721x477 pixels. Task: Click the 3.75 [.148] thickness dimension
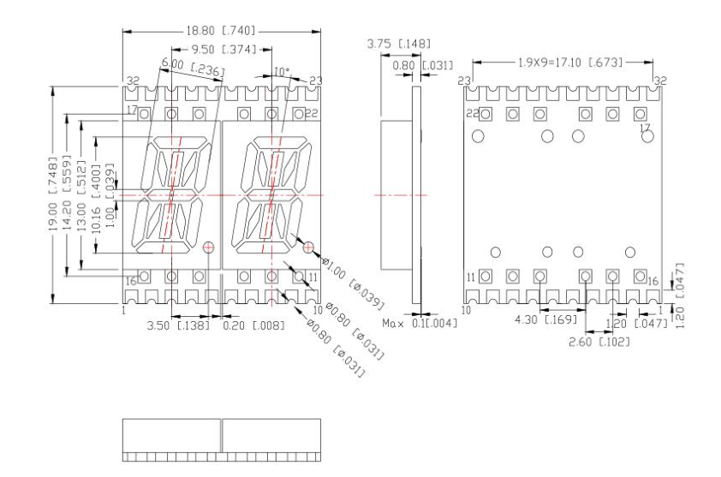pos(398,44)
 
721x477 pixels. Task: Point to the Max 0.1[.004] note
pos(420,323)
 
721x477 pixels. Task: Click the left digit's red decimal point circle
pos(209,247)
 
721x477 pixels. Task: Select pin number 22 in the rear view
pos(471,114)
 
